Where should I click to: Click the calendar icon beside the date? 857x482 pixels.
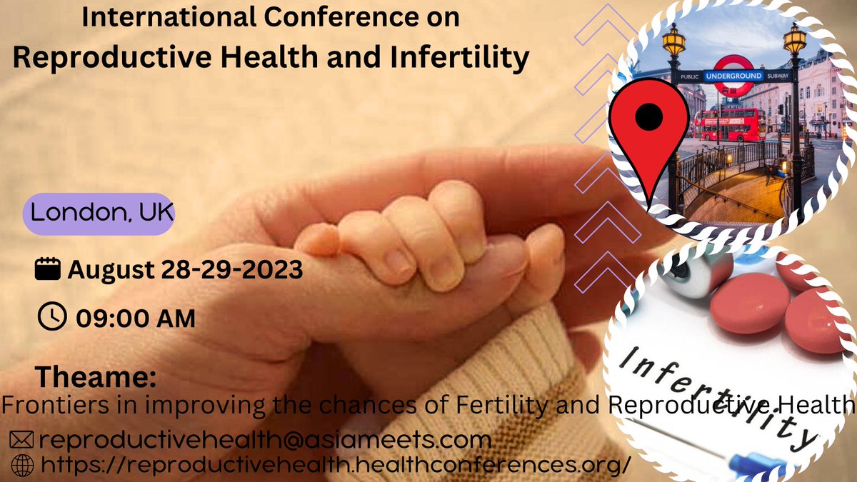(x=47, y=271)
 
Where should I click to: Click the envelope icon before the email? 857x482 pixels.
(x=21, y=439)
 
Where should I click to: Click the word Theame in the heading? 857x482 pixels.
(x=95, y=376)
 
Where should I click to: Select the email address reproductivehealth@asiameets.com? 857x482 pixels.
(x=265, y=439)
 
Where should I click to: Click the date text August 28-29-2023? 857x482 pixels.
(x=185, y=271)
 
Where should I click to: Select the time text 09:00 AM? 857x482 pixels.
(x=131, y=318)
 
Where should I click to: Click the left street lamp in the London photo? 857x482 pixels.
(x=673, y=43)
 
